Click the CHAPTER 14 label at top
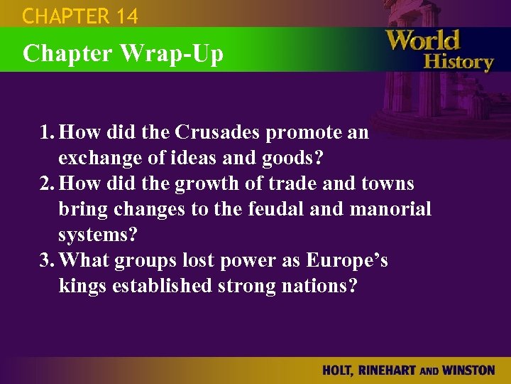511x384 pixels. click(x=80, y=16)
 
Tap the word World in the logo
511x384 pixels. click(x=423, y=40)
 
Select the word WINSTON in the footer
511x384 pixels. click(x=466, y=370)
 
